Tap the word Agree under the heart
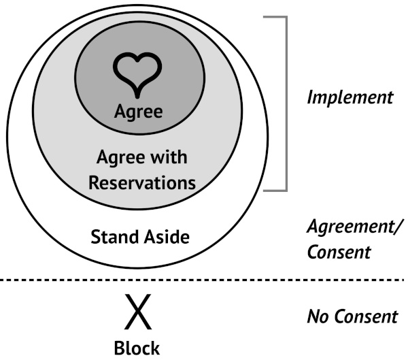[139, 112]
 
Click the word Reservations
[142, 182]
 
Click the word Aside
[167, 237]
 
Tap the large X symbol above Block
[138, 311]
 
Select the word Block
[137, 348]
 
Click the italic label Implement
[350, 98]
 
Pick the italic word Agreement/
[356, 227]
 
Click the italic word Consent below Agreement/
[339, 252]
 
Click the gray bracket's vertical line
[286, 103]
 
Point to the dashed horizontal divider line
[202, 280]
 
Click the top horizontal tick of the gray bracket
[275, 17]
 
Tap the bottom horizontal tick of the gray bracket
[275, 191]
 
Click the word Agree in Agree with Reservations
[121, 158]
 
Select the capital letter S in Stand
[95, 237]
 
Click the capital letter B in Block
[119, 348]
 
